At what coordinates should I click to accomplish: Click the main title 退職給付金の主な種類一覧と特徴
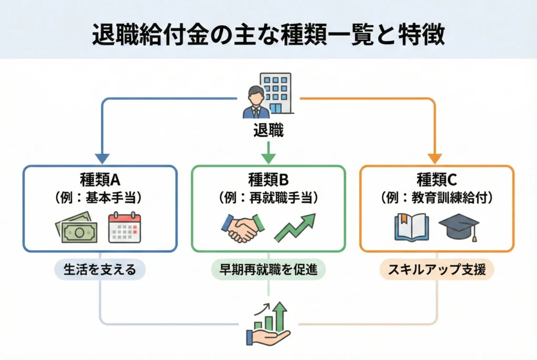268,35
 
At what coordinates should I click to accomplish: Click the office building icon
276,94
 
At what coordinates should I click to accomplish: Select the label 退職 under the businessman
268,131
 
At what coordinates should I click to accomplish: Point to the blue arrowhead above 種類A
102,157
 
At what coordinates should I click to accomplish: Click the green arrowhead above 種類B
268,157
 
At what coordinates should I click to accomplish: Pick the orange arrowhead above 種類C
435,157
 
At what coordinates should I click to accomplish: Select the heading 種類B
268,181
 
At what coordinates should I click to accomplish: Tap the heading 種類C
436,181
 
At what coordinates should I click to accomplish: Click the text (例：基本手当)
101,199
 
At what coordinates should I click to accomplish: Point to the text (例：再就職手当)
268,199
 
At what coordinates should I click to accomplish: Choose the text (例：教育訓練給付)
436,199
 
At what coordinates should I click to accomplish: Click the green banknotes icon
77,228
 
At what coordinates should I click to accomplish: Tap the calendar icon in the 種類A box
124,228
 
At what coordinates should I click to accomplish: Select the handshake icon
241,228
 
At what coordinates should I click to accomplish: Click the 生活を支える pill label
100,270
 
